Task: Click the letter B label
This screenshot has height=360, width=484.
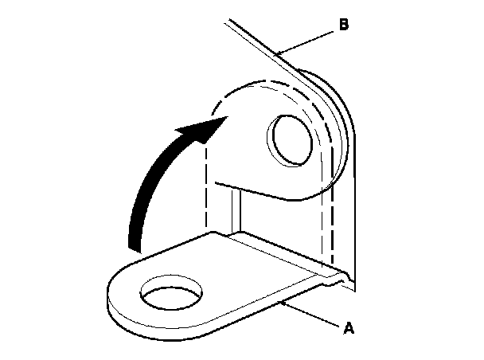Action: click(x=343, y=25)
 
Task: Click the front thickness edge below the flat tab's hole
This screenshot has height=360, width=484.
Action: click(x=171, y=323)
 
